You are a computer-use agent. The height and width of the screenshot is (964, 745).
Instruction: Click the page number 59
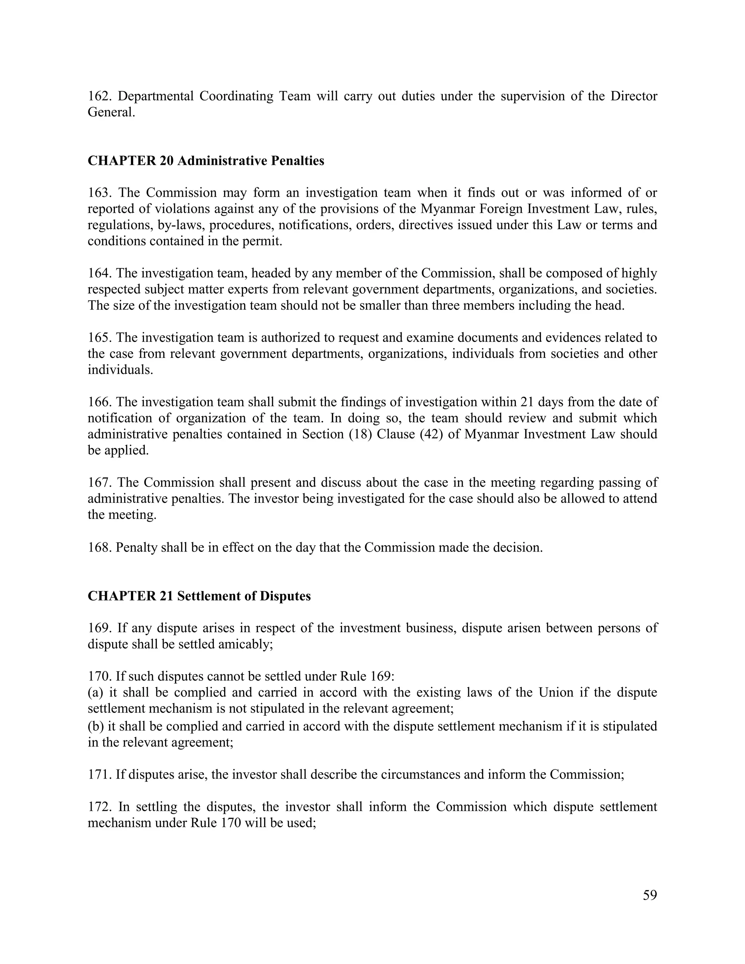tap(650, 895)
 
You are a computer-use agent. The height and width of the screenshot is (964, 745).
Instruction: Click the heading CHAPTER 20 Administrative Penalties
tap(206, 161)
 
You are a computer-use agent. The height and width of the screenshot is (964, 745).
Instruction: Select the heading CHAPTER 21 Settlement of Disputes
tap(199, 596)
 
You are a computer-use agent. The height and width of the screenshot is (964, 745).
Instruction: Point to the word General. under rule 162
tap(111, 112)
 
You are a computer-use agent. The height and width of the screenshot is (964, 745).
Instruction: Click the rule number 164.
tap(99, 273)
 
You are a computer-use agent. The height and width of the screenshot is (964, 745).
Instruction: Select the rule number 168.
tap(99, 548)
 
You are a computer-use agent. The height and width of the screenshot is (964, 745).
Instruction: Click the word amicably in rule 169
tap(246, 645)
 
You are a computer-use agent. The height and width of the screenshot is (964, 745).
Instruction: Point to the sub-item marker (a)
tap(95, 693)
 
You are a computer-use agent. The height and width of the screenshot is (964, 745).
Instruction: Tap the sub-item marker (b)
tap(95, 726)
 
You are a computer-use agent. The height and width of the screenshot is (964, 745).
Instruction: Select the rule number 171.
tap(99, 774)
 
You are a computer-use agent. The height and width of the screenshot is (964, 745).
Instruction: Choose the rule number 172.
tap(99, 807)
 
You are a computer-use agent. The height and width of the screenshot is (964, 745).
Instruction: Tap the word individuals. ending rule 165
tap(120, 370)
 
